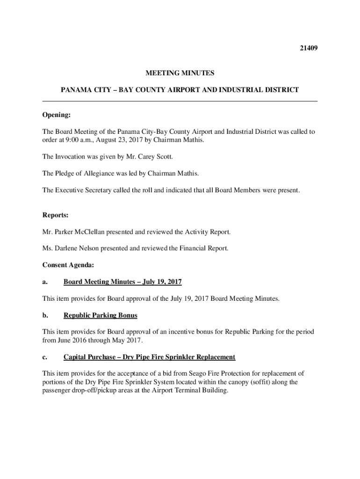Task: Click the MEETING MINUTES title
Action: point(180,73)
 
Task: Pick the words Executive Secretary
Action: point(82,190)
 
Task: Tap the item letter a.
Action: point(44,282)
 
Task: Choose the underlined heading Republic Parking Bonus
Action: point(101,315)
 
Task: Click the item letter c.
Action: point(44,357)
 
